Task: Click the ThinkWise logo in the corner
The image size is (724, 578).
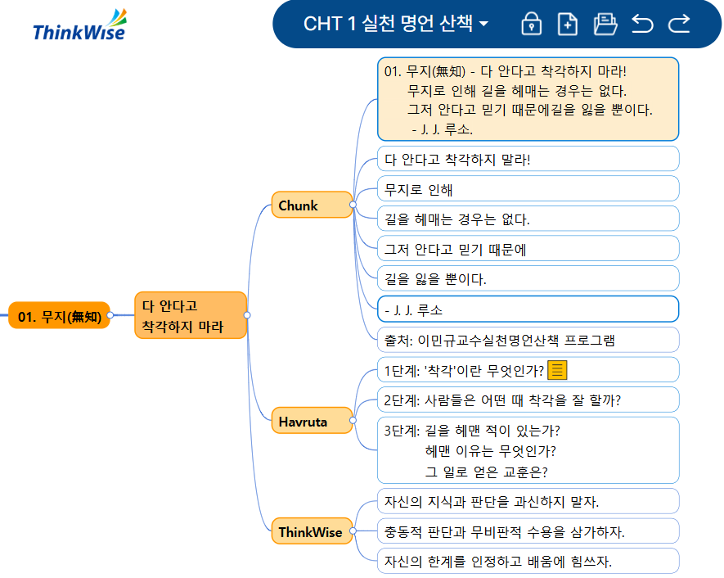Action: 79,25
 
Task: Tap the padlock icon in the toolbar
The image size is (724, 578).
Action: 532,24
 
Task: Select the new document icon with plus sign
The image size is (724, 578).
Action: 567,24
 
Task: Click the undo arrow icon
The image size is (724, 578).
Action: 642,24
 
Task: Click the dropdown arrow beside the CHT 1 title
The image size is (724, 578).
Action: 483,24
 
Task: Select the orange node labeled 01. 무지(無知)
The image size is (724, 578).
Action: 59,316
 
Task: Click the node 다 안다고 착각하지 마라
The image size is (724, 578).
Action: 190,315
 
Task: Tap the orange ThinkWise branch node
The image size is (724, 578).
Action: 311,531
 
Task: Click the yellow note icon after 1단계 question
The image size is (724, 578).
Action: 557,370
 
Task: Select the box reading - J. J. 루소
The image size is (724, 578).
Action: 528,309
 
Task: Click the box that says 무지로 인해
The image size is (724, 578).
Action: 528,189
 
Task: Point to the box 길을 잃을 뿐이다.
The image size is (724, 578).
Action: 528,279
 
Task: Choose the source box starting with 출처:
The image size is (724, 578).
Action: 528,340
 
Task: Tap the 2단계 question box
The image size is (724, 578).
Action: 528,400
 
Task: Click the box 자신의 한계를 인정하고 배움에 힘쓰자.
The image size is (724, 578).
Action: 528,561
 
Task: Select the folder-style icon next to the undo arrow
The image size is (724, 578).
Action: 605,24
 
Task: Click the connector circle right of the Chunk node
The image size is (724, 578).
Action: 353,205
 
